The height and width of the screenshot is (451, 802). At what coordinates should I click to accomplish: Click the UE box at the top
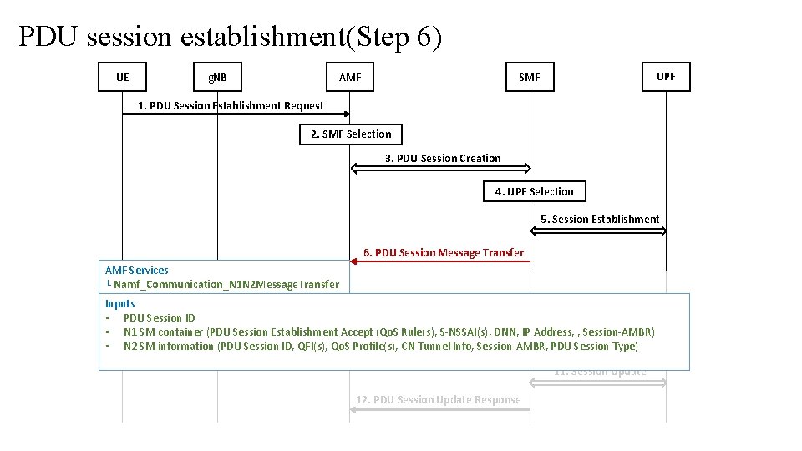click(123, 78)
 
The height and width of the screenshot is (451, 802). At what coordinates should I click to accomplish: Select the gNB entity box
click(218, 78)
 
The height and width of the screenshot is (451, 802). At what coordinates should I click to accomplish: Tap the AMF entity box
click(350, 78)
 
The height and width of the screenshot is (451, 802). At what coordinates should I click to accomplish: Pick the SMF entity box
click(529, 78)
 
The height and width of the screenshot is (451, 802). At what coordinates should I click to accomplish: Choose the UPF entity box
click(666, 76)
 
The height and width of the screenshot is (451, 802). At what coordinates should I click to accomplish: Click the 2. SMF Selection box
click(350, 134)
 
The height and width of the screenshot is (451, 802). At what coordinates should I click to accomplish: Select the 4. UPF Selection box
click(534, 191)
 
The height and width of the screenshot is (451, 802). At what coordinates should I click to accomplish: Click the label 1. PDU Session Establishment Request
click(231, 105)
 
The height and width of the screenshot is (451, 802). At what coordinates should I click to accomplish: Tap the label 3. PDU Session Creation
click(443, 158)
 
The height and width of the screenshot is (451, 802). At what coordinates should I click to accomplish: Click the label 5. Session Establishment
click(600, 219)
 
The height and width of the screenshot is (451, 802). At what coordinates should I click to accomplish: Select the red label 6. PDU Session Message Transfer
click(443, 252)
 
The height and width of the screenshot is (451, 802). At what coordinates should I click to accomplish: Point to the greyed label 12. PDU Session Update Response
click(438, 399)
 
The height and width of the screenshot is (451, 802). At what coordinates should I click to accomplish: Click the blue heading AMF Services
click(137, 270)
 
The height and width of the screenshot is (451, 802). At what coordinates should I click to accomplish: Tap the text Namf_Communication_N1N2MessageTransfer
click(226, 284)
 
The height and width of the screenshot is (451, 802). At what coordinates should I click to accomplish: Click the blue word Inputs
click(120, 303)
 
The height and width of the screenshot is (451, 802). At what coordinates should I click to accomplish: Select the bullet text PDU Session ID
click(159, 317)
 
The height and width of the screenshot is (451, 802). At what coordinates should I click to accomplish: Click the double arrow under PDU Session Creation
click(440, 169)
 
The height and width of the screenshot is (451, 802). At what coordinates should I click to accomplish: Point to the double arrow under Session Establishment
click(598, 230)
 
